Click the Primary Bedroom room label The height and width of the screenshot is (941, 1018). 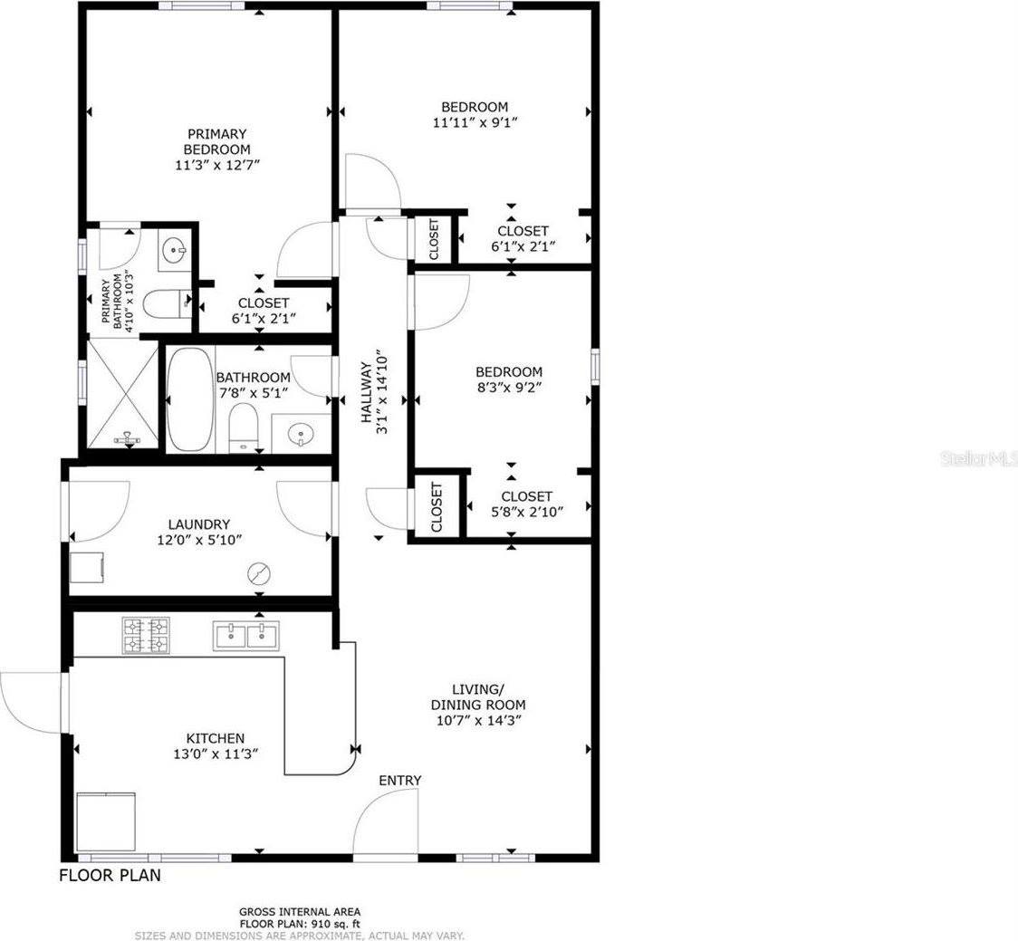[x=216, y=141]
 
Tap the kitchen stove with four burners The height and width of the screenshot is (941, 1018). [x=146, y=635]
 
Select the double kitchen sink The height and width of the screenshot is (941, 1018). [x=245, y=636]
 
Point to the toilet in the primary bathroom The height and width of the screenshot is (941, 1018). [x=167, y=304]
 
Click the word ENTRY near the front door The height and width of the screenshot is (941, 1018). [x=399, y=780]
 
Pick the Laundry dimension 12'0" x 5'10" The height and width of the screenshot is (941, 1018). [x=199, y=540]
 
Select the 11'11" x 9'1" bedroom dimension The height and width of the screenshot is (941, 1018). [x=475, y=121]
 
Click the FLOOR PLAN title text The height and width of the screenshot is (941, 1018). [x=110, y=876]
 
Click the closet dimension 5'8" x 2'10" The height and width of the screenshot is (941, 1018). [x=526, y=512]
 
